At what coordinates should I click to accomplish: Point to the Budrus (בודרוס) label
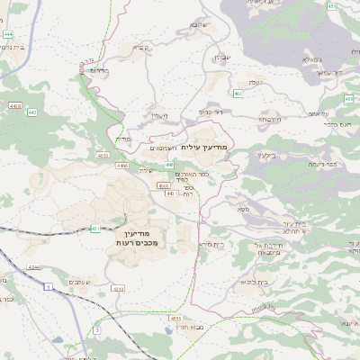pos(99,69)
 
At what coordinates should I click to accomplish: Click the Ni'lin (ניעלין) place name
pos(159,115)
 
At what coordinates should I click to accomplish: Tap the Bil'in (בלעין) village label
pos(265,154)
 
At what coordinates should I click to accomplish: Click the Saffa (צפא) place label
pos(244,209)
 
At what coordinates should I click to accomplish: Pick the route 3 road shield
pos(96,330)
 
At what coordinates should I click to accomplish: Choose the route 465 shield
pos(237,94)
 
